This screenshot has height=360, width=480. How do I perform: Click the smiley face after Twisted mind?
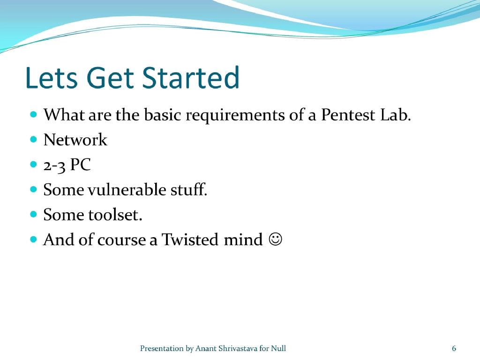tap(276, 240)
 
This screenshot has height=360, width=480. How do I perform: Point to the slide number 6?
tap(454, 348)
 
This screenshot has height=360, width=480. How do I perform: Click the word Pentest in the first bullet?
tap(348, 115)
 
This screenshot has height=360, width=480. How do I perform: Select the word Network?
tap(75, 140)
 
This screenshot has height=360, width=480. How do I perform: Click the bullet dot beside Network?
tap(33, 140)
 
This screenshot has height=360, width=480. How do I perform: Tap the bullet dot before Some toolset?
tap(33, 215)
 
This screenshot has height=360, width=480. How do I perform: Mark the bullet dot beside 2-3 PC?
tap(33, 165)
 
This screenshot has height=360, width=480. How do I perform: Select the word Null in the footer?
tap(278, 348)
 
